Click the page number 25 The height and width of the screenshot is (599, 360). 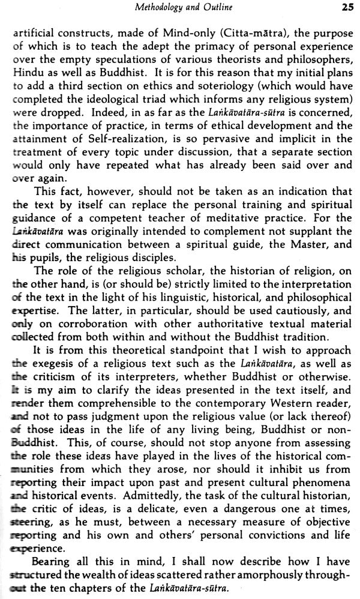(x=347, y=8)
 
